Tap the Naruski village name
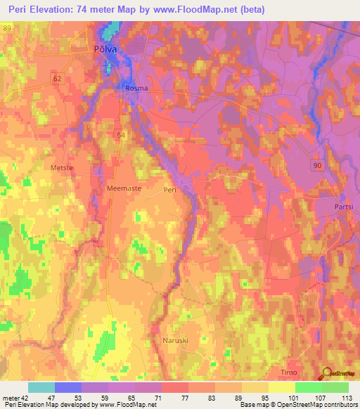click(167, 340)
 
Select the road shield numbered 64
click(122, 134)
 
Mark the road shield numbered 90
click(318, 164)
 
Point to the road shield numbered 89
click(8, 27)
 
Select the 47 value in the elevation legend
click(49, 397)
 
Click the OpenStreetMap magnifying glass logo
click(326, 373)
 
